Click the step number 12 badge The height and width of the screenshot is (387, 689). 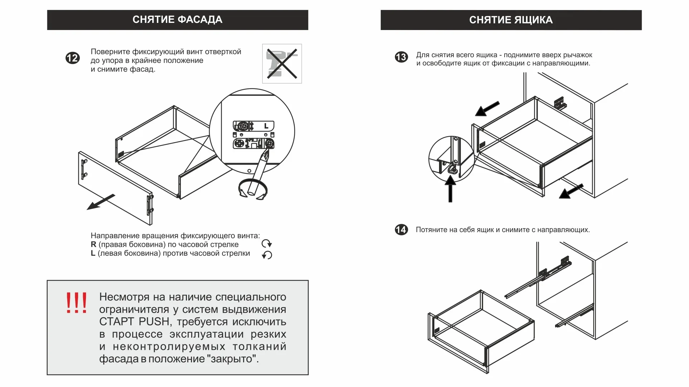[x=72, y=58]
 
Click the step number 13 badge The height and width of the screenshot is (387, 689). [x=401, y=57]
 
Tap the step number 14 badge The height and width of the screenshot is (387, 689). [x=401, y=230]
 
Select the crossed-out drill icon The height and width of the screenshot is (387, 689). [x=282, y=64]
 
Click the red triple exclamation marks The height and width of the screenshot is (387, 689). [x=76, y=303]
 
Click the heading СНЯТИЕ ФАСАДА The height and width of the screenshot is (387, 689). [x=177, y=20]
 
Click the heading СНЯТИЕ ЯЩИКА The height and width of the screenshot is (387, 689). [x=511, y=20]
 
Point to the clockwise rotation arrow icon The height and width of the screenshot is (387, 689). [x=267, y=244]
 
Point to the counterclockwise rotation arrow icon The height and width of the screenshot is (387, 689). [x=267, y=255]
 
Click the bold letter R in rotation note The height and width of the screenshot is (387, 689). [x=93, y=245]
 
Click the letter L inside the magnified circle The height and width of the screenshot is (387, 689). [x=266, y=126]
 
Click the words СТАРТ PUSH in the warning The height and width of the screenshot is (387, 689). [x=134, y=322]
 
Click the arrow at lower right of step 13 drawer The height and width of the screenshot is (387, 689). [x=571, y=191]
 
